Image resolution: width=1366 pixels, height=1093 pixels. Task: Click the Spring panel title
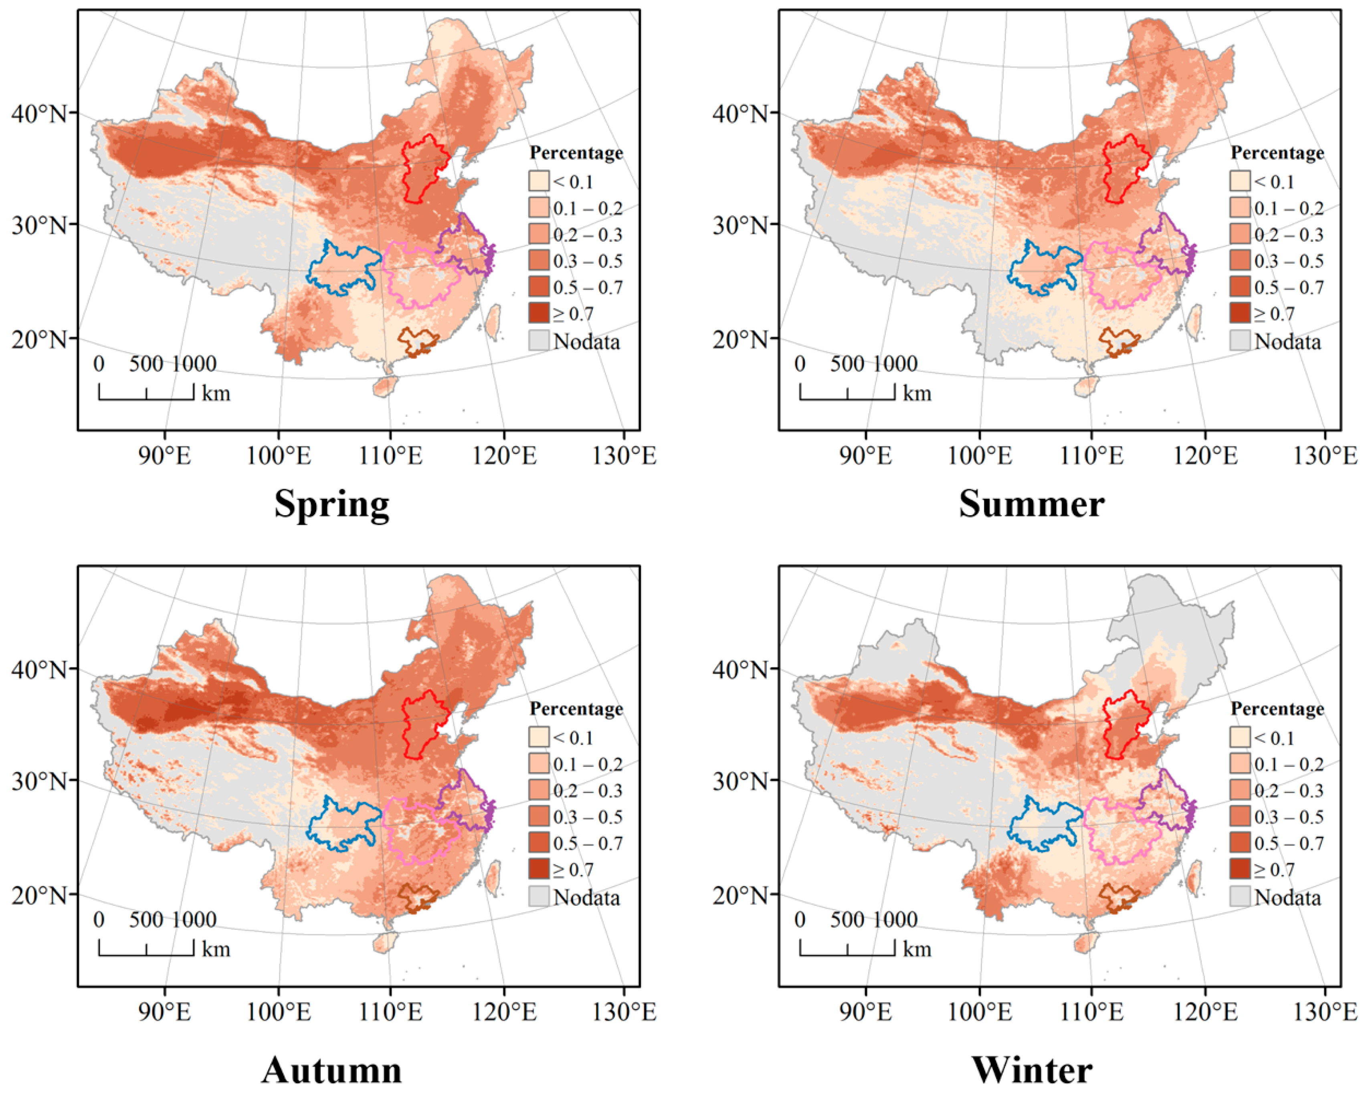[331, 504]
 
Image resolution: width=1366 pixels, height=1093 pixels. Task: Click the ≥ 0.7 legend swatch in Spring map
[539, 314]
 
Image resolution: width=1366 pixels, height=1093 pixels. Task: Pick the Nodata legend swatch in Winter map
[1240, 897]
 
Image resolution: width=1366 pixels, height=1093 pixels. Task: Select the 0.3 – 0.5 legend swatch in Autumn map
[539, 817]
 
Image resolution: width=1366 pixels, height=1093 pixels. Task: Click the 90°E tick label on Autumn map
[165, 1012]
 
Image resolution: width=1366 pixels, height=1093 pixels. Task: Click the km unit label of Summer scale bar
[917, 393]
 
